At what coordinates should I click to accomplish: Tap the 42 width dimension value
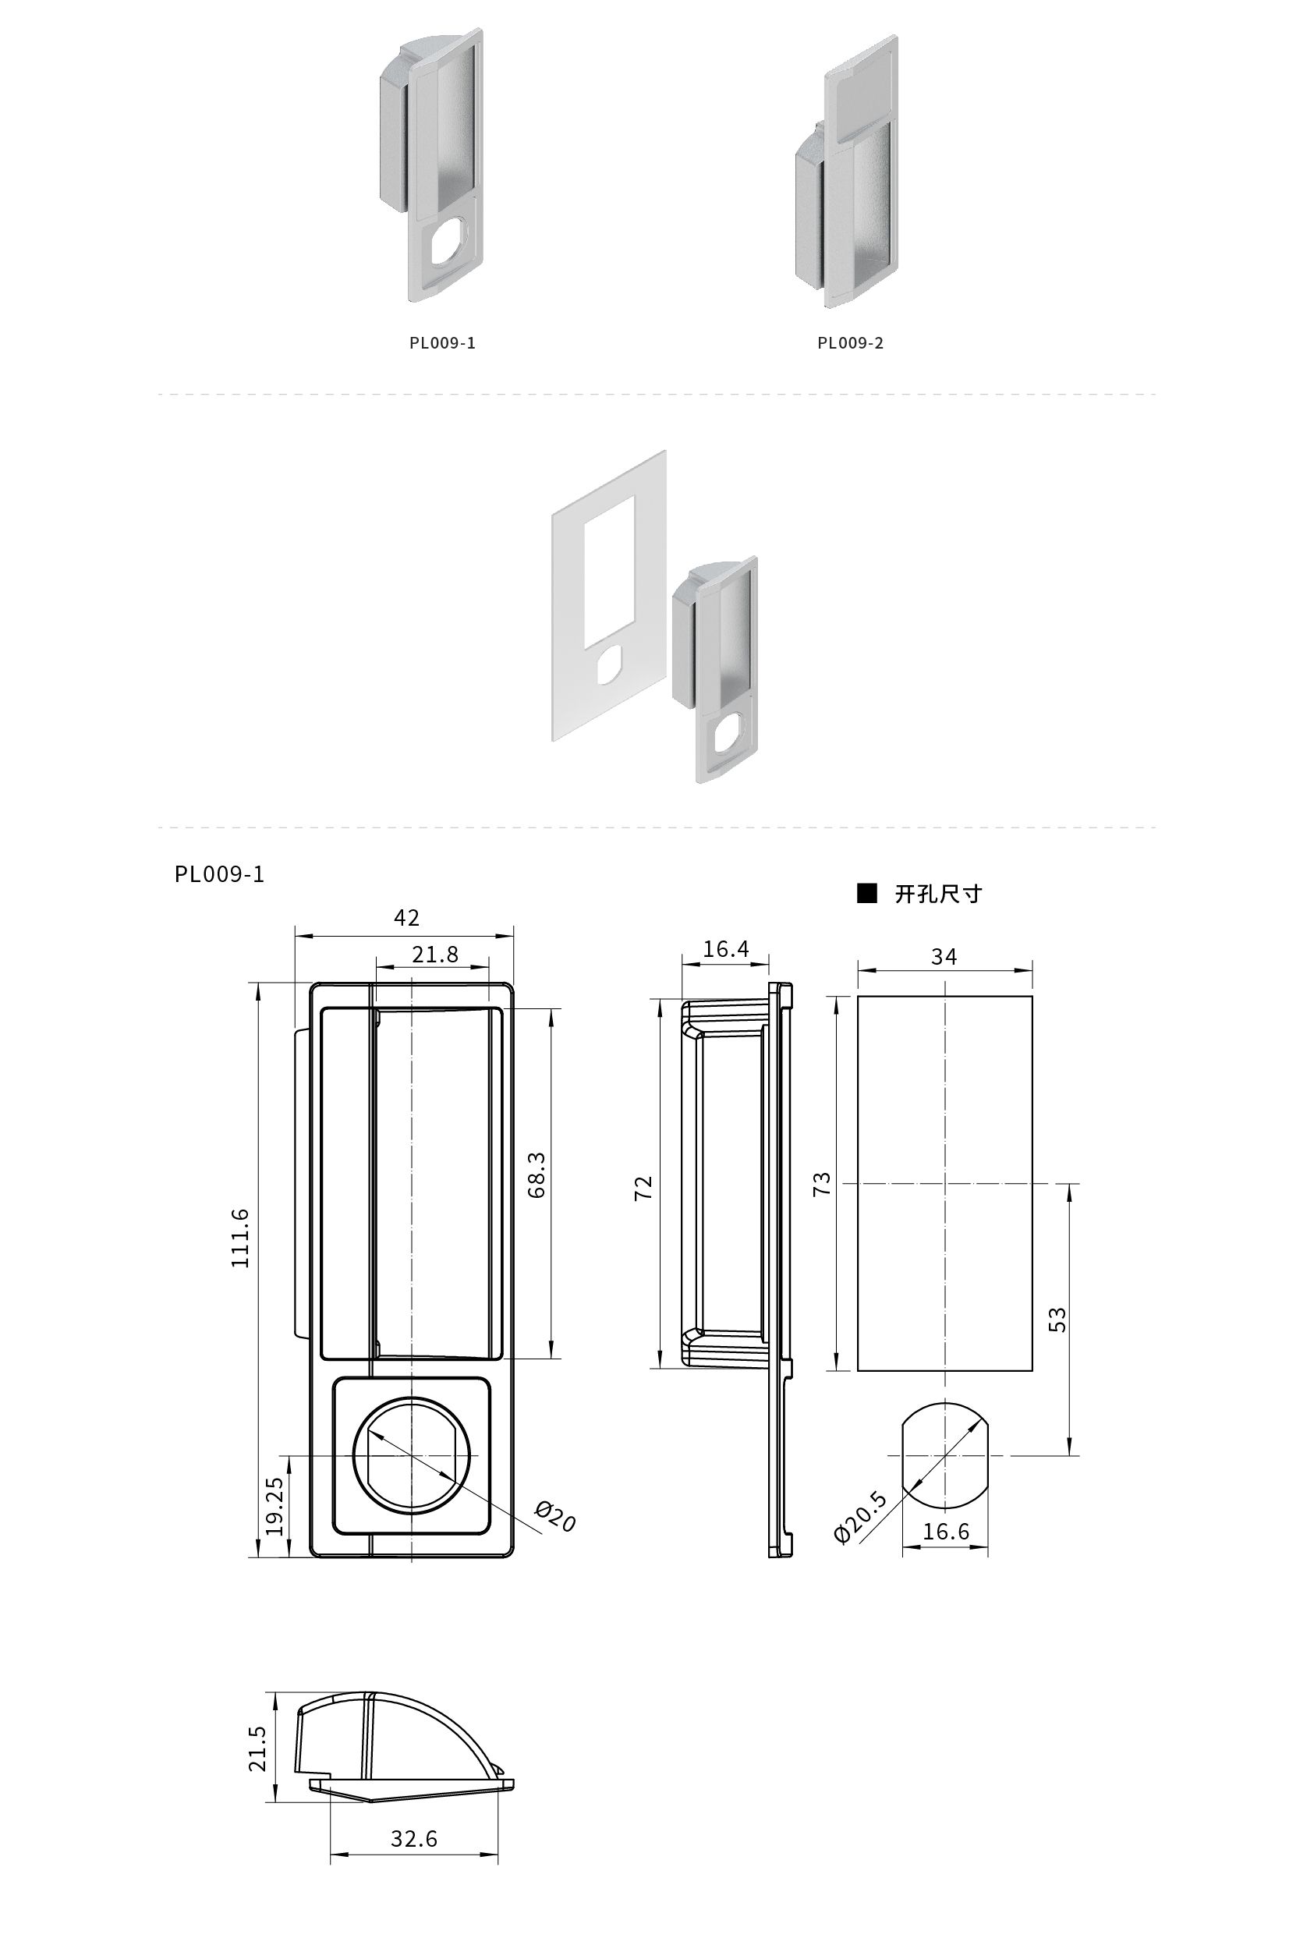pos(407,918)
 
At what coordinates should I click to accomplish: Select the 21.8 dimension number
pos(435,955)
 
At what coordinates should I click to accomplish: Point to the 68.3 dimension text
pos(537,1175)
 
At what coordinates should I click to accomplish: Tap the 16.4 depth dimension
pos(726,949)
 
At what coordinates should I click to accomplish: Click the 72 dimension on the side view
pos(643,1189)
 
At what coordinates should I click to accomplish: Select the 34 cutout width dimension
pos(944,957)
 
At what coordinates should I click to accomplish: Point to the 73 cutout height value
pos(823,1183)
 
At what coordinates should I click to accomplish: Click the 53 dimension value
pos(1058,1319)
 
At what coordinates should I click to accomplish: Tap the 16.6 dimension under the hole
pos(946,1532)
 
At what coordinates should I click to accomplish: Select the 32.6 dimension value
pos(414,1839)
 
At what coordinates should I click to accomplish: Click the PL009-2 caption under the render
pos(850,343)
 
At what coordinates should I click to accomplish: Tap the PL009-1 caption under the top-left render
pos(443,343)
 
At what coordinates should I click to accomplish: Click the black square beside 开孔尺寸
pos(867,894)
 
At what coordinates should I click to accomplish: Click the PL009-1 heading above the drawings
pos(219,873)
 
